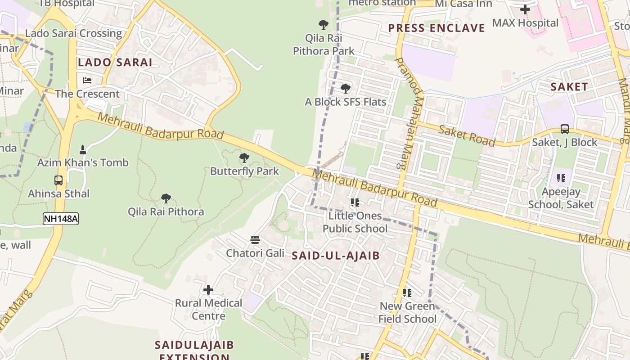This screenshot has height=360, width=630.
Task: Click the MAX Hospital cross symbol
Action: pyautogui.click(x=525, y=9)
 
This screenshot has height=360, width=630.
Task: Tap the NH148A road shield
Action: pyautogui.click(x=61, y=219)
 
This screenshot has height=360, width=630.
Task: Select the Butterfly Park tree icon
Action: pyautogui.click(x=244, y=158)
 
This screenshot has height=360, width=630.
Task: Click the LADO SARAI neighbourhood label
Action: pyautogui.click(x=115, y=63)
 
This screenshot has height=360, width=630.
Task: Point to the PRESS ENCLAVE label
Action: pyautogui.click(x=436, y=28)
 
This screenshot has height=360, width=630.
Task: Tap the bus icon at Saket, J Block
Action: pyautogui.click(x=565, y=129)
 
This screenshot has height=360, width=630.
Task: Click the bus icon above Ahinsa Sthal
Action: pyautogui.click(x=58, y=180)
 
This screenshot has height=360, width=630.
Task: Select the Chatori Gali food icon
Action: pyautogui.click(x=255, y=240)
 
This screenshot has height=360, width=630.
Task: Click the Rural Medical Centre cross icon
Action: pyautogui.click(x=208, y=290)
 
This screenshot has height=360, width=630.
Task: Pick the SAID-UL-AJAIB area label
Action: pyautogui.click(x=336, y=256)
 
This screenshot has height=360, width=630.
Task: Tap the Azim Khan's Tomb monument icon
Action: pyautogui.click(x=83, y=149)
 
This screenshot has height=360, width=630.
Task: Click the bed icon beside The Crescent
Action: pyautogui.click(x=87, y=81)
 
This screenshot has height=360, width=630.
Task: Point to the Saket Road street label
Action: pyautogui.click(x=466, y=135)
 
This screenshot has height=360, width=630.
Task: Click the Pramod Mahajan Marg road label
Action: pyautogui.click(x=410, y=112)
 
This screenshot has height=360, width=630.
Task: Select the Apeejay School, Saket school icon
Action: pyautogui.click(x=561, y=178)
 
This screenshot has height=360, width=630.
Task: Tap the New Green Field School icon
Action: pyautogui.click(x=407, y=293)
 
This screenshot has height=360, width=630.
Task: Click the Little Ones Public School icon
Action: pyautogui.click(x=355, y=202)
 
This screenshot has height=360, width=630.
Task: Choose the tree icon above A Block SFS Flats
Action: pyautogui.click(x=345, y=89)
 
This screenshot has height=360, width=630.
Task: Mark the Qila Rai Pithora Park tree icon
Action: pyautogui.click(x=323, y=25)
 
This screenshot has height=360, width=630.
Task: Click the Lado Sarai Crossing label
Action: pyautogui.click(x=73, y=33)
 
